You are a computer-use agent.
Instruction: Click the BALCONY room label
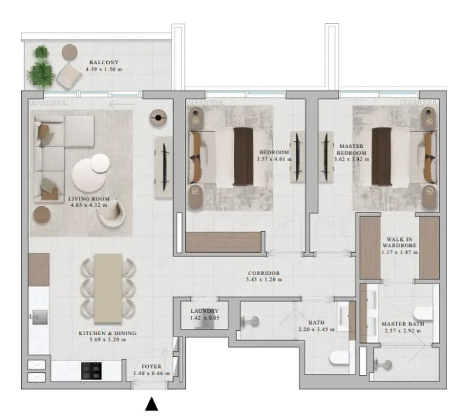[x=103, y=62]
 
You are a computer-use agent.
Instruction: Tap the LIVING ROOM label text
[x=89, y=199]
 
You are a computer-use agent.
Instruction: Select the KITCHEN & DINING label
[x=107, y=334]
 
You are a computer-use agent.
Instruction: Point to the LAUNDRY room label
[x=205, y=311]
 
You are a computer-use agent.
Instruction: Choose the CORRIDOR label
[x=263, y=273]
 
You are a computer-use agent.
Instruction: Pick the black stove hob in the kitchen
[x=93, y=369]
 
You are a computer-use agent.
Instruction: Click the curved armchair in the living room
[x=112, y=214]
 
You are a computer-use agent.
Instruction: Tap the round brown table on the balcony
[x=70, y=52]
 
